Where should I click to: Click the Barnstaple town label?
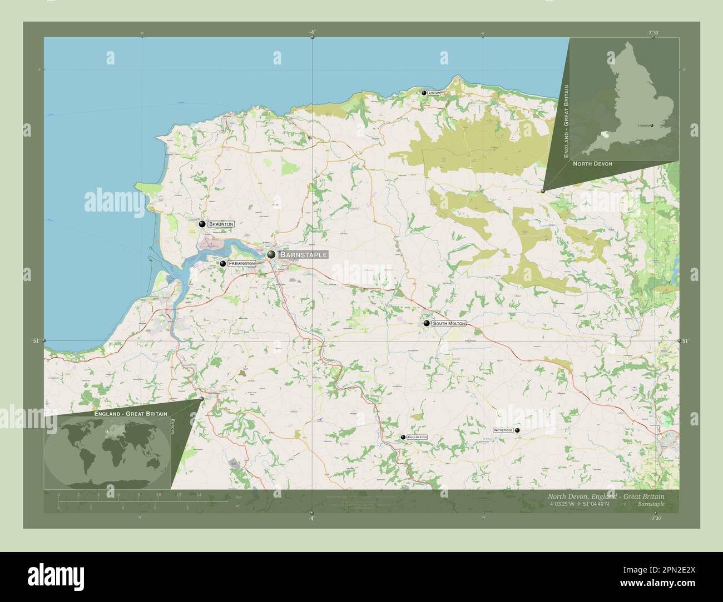tap(303, 254)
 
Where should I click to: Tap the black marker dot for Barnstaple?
tap(271, 254)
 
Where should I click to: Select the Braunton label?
tap(221, 224)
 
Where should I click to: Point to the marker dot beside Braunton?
tap(202, 224)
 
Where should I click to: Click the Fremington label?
tap(241, 263)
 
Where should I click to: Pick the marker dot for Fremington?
tap(222, 264)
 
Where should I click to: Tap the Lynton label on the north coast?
tap(434, 93)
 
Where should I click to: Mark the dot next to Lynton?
tap(424, 93)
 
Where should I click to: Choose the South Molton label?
tap(448, 323)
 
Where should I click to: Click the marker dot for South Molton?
tap(426, 323)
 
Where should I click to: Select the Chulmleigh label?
tap(417, 438)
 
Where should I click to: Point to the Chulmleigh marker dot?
tap(403, 438)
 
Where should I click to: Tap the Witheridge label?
tap(503, 430)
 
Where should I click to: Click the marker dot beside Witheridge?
tap(517, 430)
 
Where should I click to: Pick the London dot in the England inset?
tap(652, 126)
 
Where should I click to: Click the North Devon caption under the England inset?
tap(592, 164)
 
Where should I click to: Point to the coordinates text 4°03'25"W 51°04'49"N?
tap(580, 504)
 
